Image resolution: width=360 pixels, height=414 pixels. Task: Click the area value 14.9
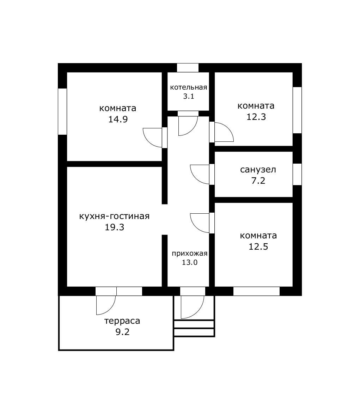click(x=118, y=119)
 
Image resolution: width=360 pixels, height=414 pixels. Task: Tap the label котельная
click(x=188, y=87)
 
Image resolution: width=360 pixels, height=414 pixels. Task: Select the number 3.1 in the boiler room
click(x=188, y=96)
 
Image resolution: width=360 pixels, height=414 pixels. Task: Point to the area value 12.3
click(x=256, y=117)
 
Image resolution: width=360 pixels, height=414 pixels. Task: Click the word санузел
click(x=258, y=170)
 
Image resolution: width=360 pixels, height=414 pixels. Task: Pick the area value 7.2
click(x=258, y=181)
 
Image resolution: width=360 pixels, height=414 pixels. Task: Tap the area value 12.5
click(x=258, y=246)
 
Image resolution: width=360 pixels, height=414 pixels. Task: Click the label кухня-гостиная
click(x=114, y=216)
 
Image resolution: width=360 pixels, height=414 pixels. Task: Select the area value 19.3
click(x=114, y=227)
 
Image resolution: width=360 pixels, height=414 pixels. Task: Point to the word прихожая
click(x=189, y=254)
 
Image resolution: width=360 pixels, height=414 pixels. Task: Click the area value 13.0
click(x=189, y=262)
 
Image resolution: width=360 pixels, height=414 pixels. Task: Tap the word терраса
click(x=122, y=321)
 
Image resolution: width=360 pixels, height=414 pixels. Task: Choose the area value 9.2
click(x=122, y=332)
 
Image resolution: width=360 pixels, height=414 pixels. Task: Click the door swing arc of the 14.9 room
click(x=148, y=141)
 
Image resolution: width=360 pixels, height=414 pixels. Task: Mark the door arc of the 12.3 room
click(x=228, y=129)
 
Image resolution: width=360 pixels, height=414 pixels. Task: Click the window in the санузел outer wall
click(x=298, y=174)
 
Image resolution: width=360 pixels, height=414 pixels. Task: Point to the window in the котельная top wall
click(x=188, y=68)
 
